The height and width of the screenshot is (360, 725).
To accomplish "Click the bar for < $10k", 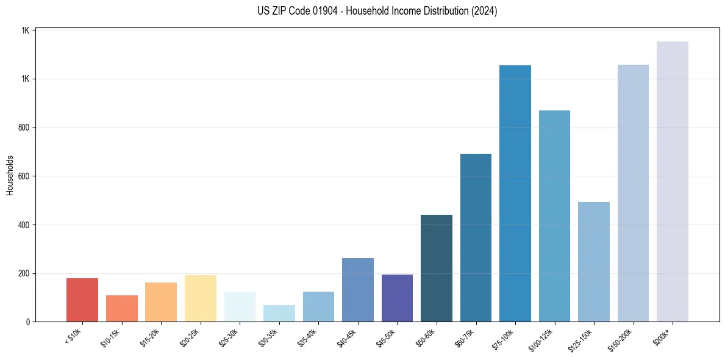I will click(82, 300).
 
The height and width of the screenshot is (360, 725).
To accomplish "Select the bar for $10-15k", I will click(121, 309).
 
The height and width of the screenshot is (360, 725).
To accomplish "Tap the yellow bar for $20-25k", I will click(201, 298).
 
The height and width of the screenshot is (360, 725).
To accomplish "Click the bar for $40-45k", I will click(358, 290).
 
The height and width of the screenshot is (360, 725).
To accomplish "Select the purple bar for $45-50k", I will click(397, 298).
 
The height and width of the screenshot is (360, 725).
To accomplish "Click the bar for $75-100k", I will click(515, 193).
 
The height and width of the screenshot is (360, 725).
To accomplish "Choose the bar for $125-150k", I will click(594, 262).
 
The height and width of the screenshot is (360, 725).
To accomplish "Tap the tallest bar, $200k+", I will click(673, 182).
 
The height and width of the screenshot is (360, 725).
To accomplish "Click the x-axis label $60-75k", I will click(466, 337).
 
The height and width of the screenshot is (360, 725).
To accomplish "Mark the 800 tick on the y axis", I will click(25, 128).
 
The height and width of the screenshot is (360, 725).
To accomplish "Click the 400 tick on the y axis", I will click(25, 225).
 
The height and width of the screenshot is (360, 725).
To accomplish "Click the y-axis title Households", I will click(10, 175).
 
